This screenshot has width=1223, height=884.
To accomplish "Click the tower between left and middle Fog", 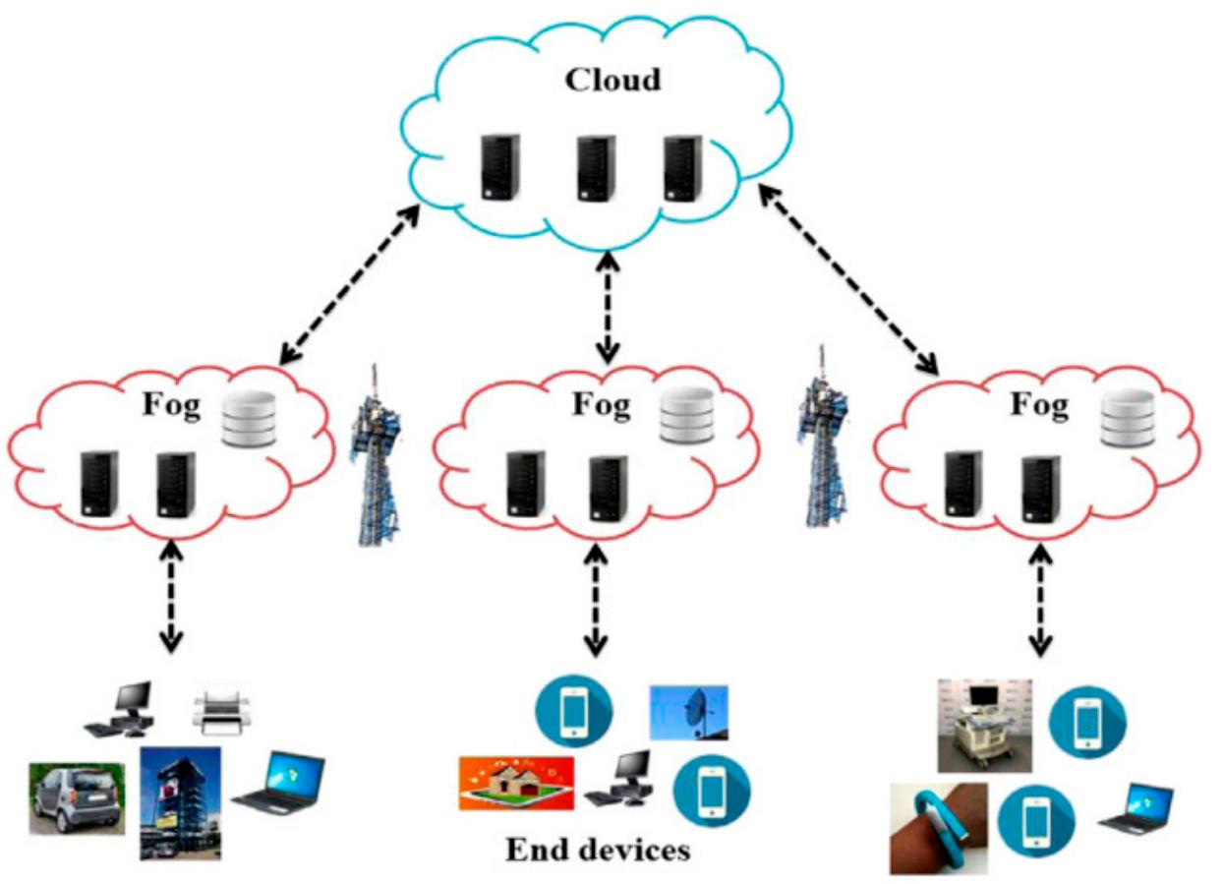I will pos(375,453).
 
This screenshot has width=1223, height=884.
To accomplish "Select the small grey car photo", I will pos(78,797).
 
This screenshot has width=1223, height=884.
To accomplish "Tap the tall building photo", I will pos(179,801).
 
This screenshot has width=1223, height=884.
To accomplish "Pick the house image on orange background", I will pos(516,783).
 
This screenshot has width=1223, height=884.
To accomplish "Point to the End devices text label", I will pos(597,849).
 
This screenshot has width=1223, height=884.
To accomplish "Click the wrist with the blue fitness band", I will pos(938,827).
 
